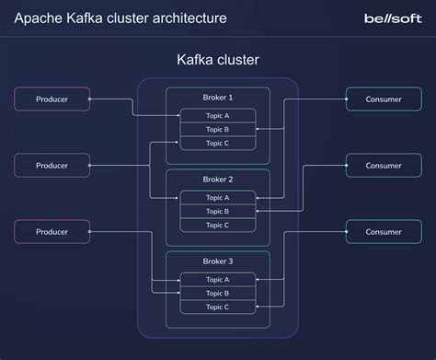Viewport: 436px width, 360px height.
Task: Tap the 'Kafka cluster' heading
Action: click(x=217, y=61)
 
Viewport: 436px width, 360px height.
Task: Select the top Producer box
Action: click(x=52, y=99)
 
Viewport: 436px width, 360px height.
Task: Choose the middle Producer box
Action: click(x=52, y=166)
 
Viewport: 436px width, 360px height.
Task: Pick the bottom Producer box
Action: click(x=52, y=231)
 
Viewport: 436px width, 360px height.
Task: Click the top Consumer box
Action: click(x=384, y=99)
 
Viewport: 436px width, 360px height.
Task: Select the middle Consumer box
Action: click(x=384, y=166)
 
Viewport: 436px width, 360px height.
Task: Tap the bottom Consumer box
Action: click(x=384, y=231)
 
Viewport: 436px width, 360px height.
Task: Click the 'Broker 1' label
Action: click(x=217, y=98)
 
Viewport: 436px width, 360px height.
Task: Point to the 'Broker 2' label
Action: click(x=217, y=180)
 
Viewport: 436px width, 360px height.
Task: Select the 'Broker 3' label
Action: click(x=217, y=261)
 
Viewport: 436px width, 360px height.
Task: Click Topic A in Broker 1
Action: click(x=217, y=116)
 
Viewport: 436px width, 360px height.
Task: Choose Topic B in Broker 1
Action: click(x=217, y=130)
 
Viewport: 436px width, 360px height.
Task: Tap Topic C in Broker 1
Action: click(x=217, y=144)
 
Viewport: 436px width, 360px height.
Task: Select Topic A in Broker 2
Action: click(x=217, y=198)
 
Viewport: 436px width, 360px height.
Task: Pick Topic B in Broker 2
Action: click(x=217, y=212)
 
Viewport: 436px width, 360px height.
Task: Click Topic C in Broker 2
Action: click(x=217, y=226)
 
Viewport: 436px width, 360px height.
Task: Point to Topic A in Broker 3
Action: click(x=217, y=280)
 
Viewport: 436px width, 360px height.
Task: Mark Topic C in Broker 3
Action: click(x=217, y=308)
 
